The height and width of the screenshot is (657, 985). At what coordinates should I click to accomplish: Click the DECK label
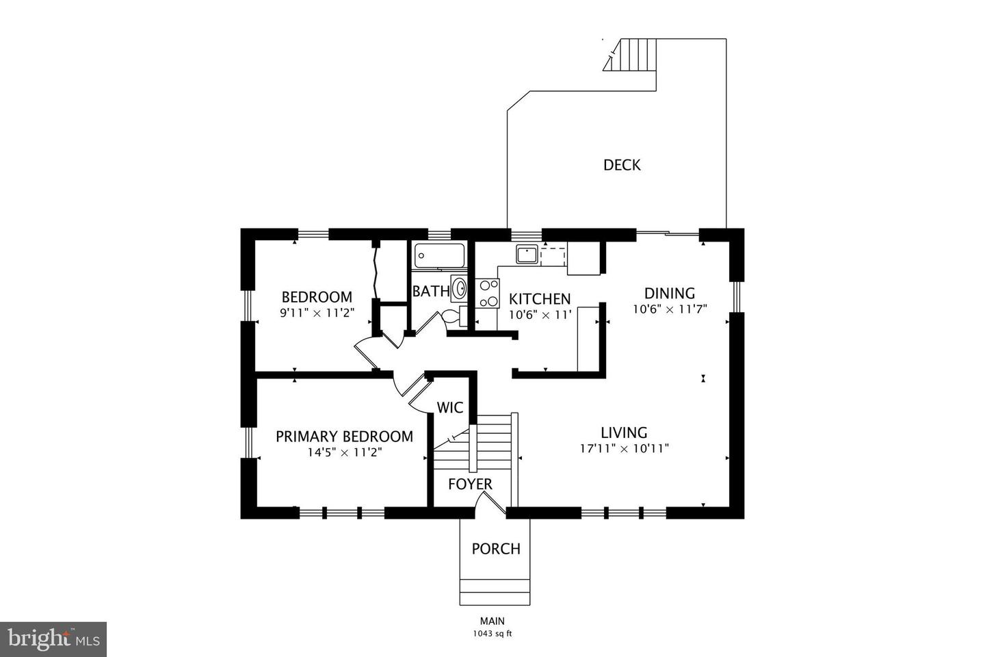point(622,165)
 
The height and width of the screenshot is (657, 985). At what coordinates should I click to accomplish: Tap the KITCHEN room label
point(540,299)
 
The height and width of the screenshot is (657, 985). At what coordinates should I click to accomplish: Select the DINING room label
point(670,294)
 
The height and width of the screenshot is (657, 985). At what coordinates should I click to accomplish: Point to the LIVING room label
point(624,433)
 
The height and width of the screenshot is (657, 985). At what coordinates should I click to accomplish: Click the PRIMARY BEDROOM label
point(344,437)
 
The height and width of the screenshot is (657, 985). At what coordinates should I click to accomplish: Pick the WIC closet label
point(450,408)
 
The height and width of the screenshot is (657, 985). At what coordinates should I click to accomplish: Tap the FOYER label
point(470,485)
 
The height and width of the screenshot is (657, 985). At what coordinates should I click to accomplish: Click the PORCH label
point(496,549)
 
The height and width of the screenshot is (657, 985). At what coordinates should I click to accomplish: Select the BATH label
point(431,292)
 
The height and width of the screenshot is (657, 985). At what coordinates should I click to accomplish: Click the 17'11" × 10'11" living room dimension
point(624,449)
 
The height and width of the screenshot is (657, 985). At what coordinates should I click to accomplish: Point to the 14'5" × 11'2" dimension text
point(344,452)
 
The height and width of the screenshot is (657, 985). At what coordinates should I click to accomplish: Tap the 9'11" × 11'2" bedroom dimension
point(317,313)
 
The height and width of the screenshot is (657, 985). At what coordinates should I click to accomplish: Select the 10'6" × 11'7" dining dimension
point(670,309)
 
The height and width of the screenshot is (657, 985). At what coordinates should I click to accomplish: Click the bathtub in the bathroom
point(439,256)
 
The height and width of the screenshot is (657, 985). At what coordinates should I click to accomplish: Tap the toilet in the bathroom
point(451,316)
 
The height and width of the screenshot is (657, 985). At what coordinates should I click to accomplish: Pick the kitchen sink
point(527,255)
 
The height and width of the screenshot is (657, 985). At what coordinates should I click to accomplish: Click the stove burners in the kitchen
point(488,293)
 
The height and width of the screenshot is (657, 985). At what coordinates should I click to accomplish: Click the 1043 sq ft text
point(492,633)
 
